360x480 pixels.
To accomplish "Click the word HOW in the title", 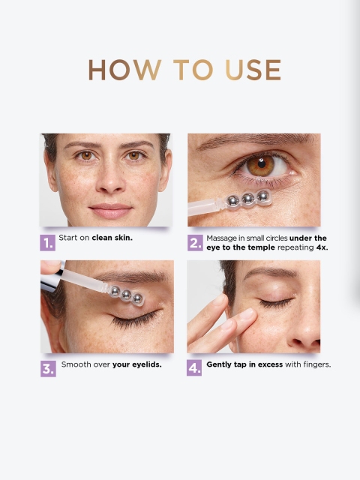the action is pyautogui.click(x=125, y=70).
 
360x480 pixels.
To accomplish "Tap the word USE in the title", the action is pyautogui.click(x=253, y=70).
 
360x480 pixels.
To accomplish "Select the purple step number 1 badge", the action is pyautogui.click(x=48, y=243).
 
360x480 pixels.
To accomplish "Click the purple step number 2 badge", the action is pyautogui.click(x=195, y=243).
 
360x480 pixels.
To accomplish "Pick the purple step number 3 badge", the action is pyautogui.click(x=48, y=368).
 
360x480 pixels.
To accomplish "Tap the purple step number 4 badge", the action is pyautogui.click(x=194, y=367).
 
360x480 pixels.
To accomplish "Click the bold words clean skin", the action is pyautogui.click(x=112, y=238).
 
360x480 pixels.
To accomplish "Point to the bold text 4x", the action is pyautogui.click(x=322, y=247).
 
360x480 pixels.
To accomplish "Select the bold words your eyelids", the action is pyautogui.click(x=136, y=364).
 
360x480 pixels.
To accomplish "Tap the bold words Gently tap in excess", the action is pyautogui.click(x=244, y=364).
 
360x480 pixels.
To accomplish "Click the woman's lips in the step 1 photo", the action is pyautogui.click(x=110, y=211).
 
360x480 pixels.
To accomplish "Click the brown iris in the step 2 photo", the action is pyautogui.click(x=260, y=166).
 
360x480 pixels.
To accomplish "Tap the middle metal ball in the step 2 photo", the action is pyautogui.click(x=247, y=199).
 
